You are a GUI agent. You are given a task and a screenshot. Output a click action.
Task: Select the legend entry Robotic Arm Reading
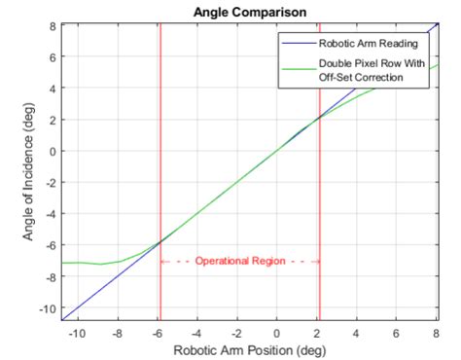(x=368, y=45)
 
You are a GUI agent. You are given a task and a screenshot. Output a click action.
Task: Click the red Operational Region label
(x=239, y=261)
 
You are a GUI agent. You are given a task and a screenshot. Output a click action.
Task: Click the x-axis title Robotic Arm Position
(x=249, y=349)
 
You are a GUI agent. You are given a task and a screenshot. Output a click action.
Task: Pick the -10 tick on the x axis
(x=78, y=332)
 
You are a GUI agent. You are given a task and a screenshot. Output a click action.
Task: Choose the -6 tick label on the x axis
(x=158, y=332)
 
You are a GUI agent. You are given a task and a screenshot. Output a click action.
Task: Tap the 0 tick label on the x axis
(x=277, y=332)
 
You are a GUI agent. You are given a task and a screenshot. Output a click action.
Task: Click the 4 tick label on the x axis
(x=357, y=332)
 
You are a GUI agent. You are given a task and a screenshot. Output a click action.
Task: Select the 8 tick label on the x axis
(x=436, y=332)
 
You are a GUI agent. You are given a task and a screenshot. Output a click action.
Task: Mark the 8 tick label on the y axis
(x=52, y=25)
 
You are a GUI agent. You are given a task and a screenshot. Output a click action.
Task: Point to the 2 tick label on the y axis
(x=52, y=120)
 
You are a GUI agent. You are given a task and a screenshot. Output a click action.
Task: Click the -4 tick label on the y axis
(x=49, y=214)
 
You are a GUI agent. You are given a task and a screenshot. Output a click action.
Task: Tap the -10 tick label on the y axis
(x=46, y=308)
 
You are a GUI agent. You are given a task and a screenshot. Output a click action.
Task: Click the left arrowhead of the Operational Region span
(x=162, y=261)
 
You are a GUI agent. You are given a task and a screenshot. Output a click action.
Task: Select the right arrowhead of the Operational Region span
(x=316, y=261)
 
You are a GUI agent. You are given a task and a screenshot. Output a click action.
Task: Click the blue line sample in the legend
(x=298, y=45)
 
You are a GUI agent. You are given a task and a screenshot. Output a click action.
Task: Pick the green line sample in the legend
(x=298, y=66)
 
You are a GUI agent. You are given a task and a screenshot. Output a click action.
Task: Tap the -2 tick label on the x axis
(x=237, y=332)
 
